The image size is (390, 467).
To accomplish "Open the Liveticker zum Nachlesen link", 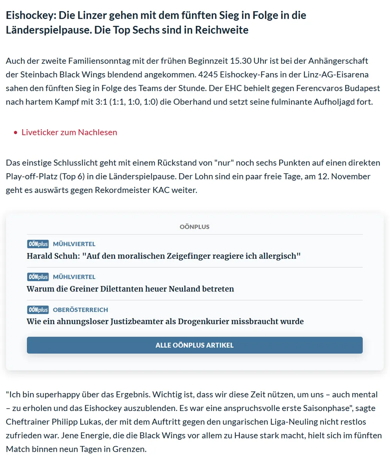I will coord(69,132).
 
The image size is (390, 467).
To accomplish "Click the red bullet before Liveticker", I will coord(16,133).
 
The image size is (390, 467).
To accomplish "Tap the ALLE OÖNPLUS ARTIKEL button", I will coord(195,345).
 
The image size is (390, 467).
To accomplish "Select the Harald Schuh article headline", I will coord(164,256).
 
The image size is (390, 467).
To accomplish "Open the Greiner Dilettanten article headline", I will coord(130,289).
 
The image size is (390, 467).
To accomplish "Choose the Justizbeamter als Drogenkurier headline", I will coord(165,321).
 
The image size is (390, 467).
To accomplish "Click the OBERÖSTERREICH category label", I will coord(81,310).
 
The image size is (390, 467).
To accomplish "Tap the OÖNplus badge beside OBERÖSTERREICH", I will coord(38,310).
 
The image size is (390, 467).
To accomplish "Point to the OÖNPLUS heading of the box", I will coord(195,226).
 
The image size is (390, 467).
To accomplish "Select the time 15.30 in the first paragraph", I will coord(230,61).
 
